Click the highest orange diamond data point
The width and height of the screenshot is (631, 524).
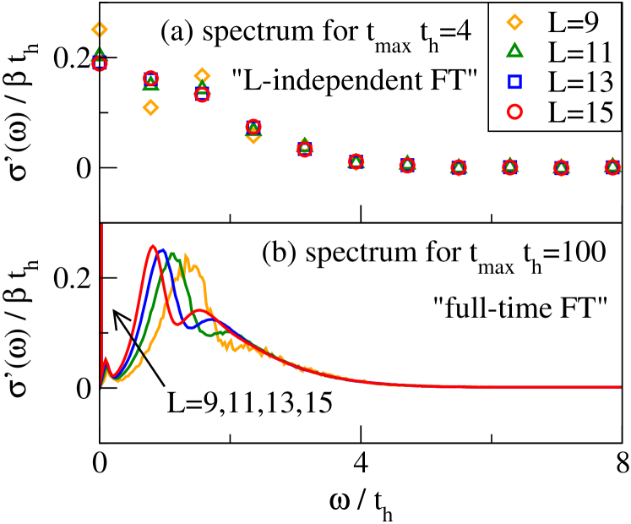[x=99, y=30]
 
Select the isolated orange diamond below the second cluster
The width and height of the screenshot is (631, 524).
[x=150, y=107]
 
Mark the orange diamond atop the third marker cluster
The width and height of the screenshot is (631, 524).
[x=202, y=75]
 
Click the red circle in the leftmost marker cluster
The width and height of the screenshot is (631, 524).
[x=99, y=63]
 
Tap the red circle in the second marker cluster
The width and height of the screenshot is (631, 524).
[x=150, y=79]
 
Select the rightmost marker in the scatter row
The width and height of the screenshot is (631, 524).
[x=612, y=167]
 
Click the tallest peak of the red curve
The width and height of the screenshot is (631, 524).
[x=153, y=245]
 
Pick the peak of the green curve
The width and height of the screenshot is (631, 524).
[x=173, y=253]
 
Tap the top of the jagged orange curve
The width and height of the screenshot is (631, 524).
[x=184, y=254]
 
